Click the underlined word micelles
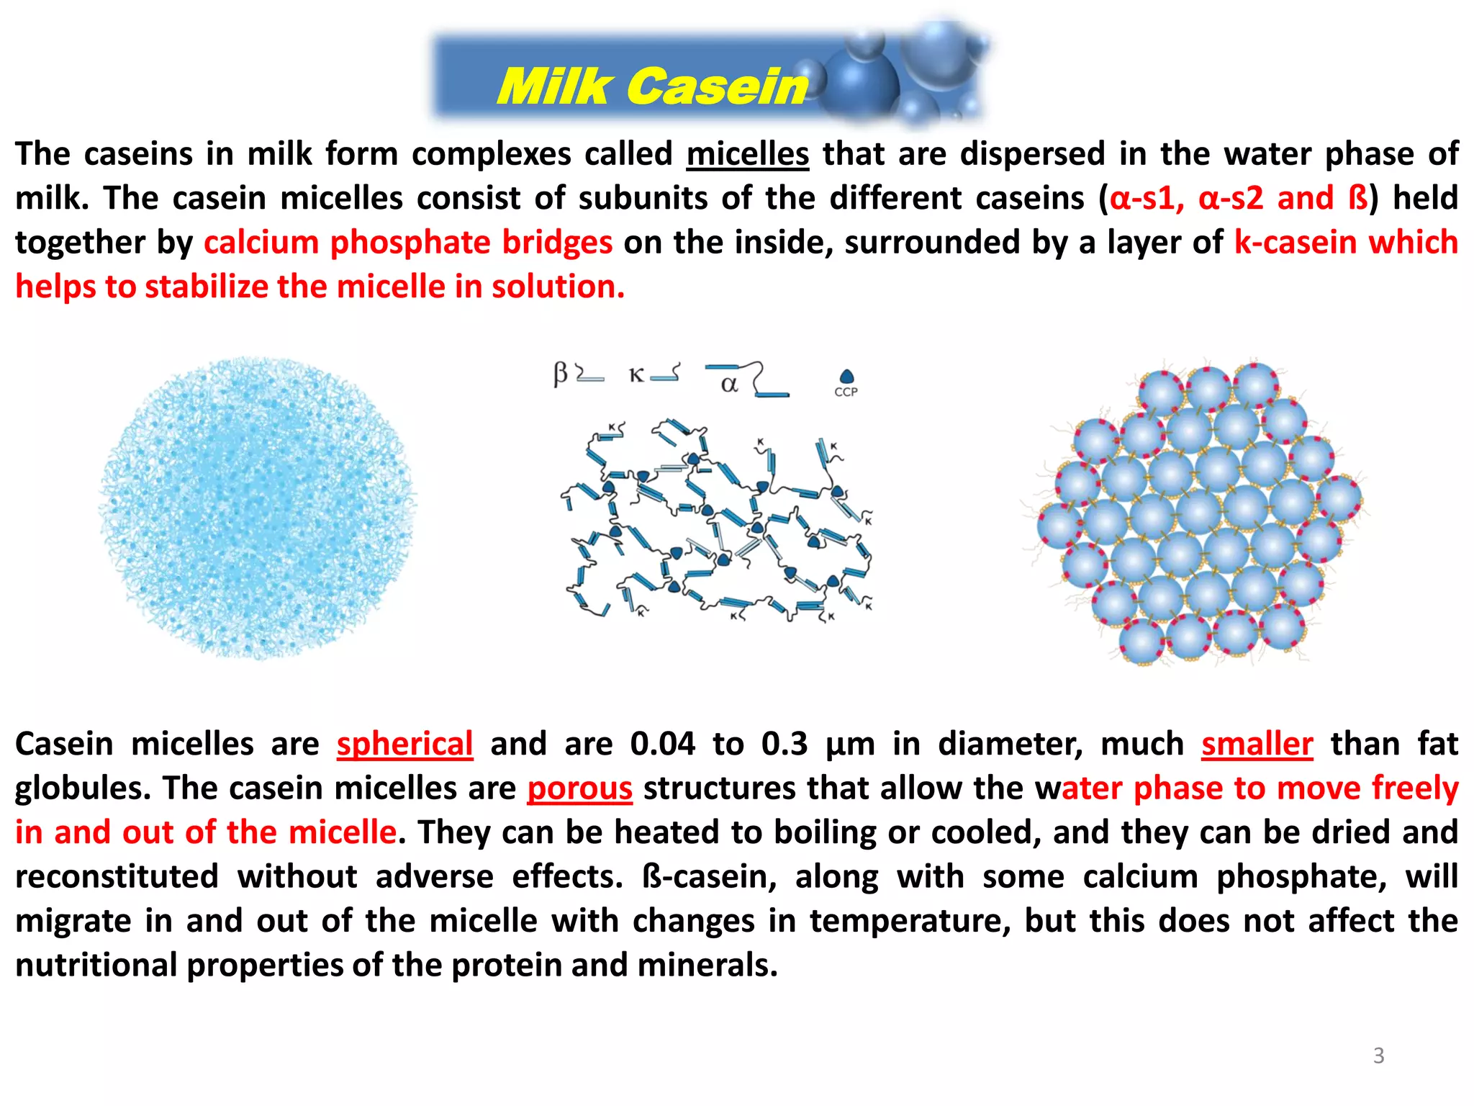point(747,154)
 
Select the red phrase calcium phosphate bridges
point(408,243)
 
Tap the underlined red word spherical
point(404,744)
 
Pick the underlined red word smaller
point(1257,744)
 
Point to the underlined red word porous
point(579,788)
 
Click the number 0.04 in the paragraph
point(662,744)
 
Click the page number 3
point(1378,1056)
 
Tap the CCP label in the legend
point(846,392)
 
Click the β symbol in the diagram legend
point(561,374)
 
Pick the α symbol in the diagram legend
point(729,385)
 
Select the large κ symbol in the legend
point(636,375)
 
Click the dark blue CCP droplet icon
point(846,377)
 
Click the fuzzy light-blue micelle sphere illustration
point(257,508)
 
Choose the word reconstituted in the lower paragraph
point(117,877)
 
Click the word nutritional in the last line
point(95,966)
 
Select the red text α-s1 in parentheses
point(1141,199)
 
